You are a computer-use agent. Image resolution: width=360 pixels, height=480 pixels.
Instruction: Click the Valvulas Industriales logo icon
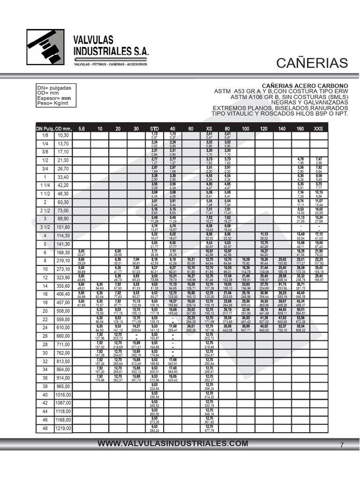tap(45, 48)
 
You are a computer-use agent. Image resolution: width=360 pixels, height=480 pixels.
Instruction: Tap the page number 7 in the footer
tap(342, 445)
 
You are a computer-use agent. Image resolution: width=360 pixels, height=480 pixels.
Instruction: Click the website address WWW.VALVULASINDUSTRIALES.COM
tap(172, 443)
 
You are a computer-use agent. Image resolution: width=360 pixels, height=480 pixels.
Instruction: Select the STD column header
tap(154, 128)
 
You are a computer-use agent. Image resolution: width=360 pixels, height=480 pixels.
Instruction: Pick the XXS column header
tap(318, 128)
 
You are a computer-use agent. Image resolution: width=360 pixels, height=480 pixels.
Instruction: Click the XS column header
tap(209, 128)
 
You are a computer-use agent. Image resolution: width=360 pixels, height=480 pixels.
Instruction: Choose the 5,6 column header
tap(82, 128)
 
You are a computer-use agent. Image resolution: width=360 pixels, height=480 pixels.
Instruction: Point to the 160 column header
tap(300, 128)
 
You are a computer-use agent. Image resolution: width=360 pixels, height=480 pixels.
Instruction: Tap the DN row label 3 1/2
tap(45, 227)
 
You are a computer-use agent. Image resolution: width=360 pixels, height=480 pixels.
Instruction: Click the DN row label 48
tap(45, 428)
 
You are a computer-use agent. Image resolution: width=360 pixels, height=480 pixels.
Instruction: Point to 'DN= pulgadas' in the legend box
tap(54, 88)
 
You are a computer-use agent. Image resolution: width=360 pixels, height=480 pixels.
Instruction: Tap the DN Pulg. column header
tap(45, 128)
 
